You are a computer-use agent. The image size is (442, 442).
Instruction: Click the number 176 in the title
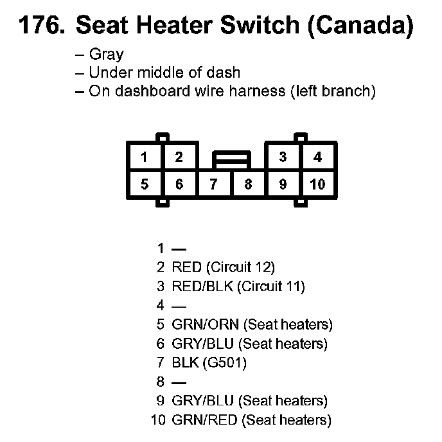pos(42,25)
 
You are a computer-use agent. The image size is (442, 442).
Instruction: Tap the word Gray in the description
pos(107,55)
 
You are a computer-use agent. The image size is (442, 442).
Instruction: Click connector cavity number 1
pos(144,157)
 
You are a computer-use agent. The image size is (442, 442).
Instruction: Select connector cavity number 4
pos(317,157)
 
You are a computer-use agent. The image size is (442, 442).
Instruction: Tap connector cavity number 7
pos(213,184)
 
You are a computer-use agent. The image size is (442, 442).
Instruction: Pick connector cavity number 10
pos(317,184)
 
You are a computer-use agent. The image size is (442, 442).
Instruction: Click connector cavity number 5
pos(145,184)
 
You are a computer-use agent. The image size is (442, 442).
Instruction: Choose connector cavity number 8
pos(248,184)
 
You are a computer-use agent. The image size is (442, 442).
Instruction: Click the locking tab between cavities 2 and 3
pos(232,160)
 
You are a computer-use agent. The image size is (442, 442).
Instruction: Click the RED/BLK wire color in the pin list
pos(202,286)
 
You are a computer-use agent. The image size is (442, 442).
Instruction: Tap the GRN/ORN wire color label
pos(205,324)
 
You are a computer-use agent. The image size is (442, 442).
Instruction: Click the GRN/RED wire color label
pos(205,420)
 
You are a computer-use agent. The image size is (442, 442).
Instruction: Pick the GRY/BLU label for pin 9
pos(202,401)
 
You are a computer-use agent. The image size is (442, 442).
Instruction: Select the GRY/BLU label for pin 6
pos(202,344)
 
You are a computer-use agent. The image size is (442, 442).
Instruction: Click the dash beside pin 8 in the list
pos(179,383)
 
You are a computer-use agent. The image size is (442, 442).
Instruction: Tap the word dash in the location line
pos(224,73)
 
